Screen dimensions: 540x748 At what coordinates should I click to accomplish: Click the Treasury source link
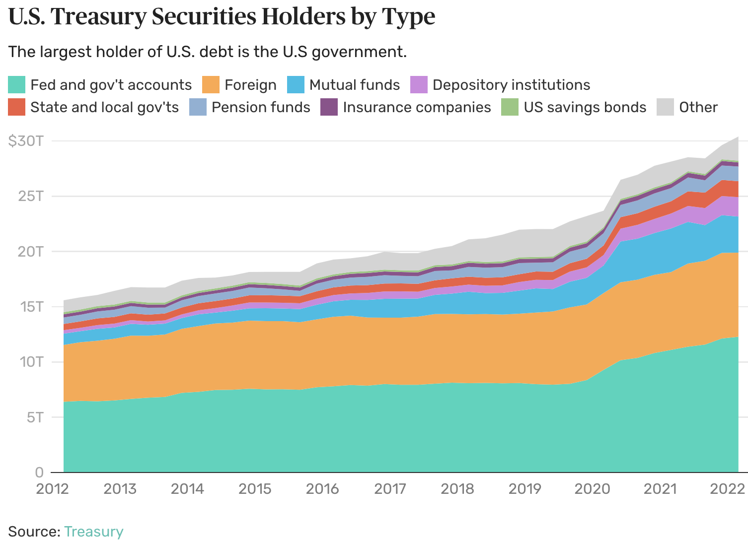[93, 531]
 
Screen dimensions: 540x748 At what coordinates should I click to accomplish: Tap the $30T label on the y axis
[25, 141]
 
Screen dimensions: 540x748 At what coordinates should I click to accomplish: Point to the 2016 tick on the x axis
[322, 489]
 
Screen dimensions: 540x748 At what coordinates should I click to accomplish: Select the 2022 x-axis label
[727, 489]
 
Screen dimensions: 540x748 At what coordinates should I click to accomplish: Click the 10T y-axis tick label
[31, 361]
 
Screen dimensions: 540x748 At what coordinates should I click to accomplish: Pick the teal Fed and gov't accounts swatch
[16, 85]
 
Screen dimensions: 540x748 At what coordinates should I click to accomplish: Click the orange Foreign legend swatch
[211, 85]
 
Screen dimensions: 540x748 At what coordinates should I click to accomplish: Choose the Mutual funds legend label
[354, 85]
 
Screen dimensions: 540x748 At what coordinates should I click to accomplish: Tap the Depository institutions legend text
[511, 85]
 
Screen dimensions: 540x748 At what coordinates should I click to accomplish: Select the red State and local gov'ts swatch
[16, 107]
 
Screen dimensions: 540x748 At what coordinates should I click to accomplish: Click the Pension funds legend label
[261, 107]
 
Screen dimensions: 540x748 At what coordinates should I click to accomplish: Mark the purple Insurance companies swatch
[329, 107]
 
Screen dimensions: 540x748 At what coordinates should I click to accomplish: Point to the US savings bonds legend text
[585, 107]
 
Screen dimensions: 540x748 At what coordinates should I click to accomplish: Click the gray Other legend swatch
[665, 107]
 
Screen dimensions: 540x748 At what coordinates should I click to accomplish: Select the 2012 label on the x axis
[52, 489]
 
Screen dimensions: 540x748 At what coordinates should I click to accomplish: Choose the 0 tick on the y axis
[39, 472]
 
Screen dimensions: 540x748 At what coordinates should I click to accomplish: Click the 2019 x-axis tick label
[524, 489]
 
